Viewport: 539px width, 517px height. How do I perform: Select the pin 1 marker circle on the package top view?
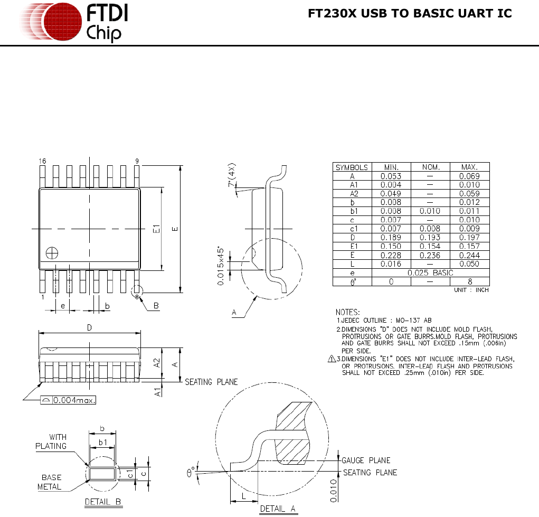pos(52,253)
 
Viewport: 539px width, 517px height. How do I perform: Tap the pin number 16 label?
pos(42,161)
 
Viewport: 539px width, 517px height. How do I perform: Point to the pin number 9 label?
pos(137,161)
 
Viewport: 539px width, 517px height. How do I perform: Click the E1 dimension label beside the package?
pos(156,229)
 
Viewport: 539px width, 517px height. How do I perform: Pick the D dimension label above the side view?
pos(89,327)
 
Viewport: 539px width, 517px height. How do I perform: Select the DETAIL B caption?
pos(103,502)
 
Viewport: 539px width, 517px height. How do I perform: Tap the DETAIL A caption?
pos(278,509)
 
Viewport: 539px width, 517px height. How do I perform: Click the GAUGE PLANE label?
pos(366,460)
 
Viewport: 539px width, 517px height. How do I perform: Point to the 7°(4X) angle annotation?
pos(232,175)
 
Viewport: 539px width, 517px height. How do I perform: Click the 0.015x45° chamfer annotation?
pos(221,266)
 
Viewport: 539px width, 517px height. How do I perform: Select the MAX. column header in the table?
pos(469,167)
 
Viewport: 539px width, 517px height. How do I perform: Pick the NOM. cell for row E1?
pos(430,246)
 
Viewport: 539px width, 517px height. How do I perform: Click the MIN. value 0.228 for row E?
pos(391,255)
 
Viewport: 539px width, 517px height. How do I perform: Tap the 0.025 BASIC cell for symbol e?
pos(430,273)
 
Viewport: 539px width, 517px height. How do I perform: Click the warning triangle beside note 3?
pos(332,359)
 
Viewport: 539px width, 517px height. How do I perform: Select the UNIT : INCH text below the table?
pos(471,290)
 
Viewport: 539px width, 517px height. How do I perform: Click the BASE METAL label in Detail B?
pos(50,482)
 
